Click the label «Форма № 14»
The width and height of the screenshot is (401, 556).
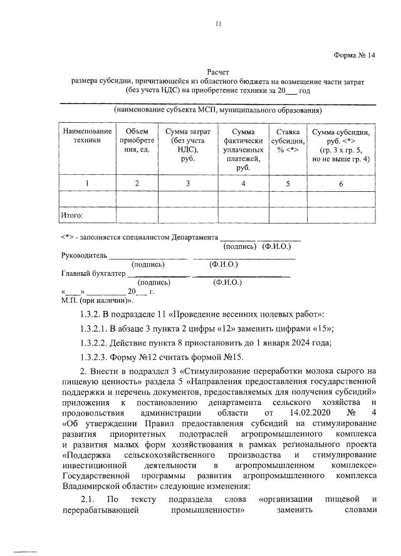354,55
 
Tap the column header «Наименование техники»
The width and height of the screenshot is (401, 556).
87,136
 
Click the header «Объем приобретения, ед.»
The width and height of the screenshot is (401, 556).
137,141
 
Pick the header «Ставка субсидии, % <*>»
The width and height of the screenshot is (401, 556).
288,141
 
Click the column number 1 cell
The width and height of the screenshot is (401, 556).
87,183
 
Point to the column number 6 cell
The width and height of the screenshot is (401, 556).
341,184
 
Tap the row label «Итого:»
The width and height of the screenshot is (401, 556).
72,216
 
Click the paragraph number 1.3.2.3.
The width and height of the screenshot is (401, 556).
94,358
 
